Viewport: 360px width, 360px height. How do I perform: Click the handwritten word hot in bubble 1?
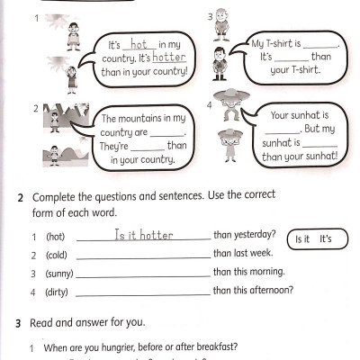click(138, 43)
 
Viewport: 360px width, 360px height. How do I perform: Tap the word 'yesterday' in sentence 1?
click(255, 235)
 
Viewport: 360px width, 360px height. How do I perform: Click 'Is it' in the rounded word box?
click(301, 239)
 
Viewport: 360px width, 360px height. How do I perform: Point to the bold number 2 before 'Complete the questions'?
click(20, 196)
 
